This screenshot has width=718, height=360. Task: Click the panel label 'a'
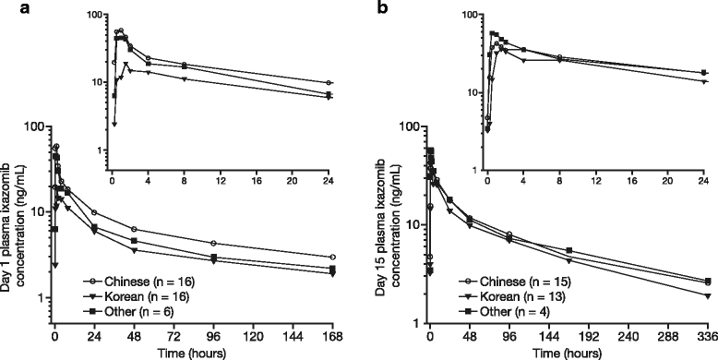pyautogui.click(x=7, y=9)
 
